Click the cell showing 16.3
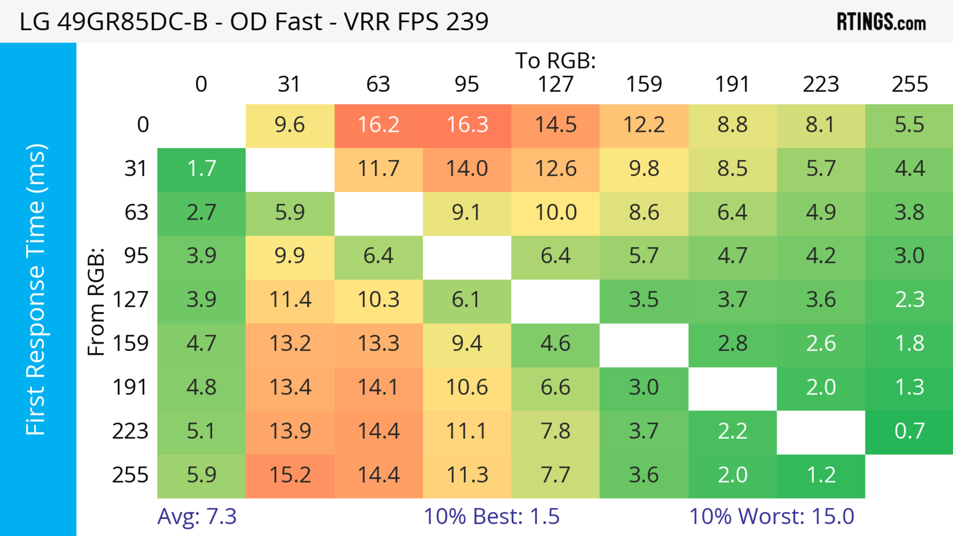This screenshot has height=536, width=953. click(x=467, y=125)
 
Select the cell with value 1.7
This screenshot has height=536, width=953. click(x=201, y=169)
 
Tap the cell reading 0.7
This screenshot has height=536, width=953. click(x=909, y=431)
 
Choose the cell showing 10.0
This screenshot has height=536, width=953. click(x=555, y=213)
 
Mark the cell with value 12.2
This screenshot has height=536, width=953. click(x=644, y=125)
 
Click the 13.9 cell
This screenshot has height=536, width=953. click(x=290, y=431)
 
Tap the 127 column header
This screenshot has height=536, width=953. click(x=555, y=84)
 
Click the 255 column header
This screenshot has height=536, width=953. click(x=909, y=84)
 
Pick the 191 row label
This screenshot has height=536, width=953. click(x=130, y=388)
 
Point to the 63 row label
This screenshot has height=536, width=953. click(x=136, y=213)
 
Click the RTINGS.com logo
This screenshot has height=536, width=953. click(x=881, y=22)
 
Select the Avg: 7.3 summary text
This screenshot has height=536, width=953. click(x=197, y=516)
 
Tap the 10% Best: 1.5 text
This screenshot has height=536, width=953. click(x=491, y=516)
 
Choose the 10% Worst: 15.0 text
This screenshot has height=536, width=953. click(x=772, y=516)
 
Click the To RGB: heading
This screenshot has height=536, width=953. click(x=555, y=61)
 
